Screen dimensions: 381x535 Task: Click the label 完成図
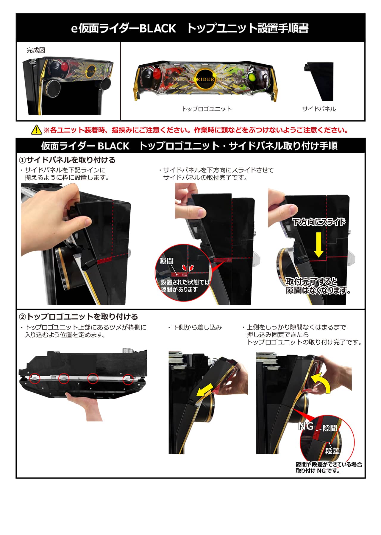click(36, 50)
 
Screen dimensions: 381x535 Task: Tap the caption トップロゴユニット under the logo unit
click(207, 109)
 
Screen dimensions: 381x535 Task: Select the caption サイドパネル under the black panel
click(319, 109)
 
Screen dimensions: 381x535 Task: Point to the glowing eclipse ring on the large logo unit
click(206, 79)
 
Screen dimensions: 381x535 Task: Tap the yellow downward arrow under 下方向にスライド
click(318, 245)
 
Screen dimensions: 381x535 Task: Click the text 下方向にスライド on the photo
click(319, 222)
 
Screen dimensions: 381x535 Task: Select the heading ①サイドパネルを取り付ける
click(67, 160)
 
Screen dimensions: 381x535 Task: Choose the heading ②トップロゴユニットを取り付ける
click(79, 316)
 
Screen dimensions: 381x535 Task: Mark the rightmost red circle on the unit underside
click(128, 379)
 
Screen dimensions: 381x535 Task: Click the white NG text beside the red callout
click(306, 426)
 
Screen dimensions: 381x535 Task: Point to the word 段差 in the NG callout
click(332, 451)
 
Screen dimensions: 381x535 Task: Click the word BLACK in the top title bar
click(158, 28)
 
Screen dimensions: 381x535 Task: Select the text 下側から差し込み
click(197, 327)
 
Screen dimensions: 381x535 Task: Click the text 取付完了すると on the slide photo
click(312, 281)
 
